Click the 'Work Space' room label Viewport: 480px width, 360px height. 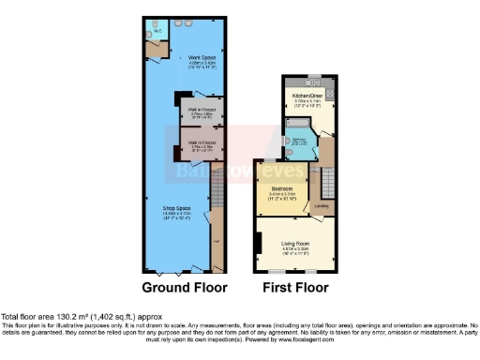pyautogui.click(x=195, y=58)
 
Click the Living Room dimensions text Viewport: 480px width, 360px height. pyautogui.click(x=297, y=249)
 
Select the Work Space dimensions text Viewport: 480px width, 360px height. pyautogui.click(x=195, y=66)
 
